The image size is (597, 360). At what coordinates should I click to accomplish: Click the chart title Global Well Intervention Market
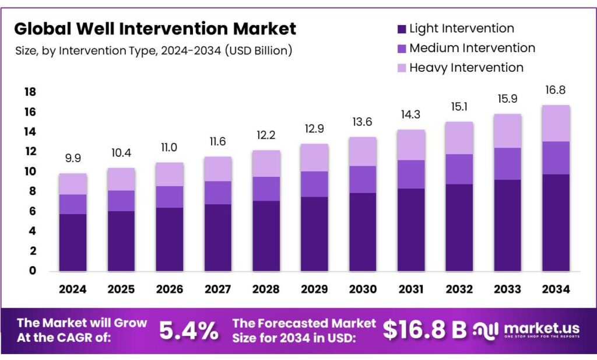(155, 29)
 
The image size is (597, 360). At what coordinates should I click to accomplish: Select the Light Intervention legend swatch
(401, 29)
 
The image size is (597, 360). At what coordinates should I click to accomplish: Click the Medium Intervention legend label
(472, 48)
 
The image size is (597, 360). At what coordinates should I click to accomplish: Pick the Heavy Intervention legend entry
(466, 68)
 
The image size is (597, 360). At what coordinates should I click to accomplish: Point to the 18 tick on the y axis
(30, 92)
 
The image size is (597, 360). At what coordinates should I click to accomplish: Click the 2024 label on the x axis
(73, 289)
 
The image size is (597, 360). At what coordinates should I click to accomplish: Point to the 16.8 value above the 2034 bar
(555, 90)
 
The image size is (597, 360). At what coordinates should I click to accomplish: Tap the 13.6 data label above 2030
(362, 123)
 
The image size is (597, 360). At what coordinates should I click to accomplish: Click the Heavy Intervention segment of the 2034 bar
(555, 123)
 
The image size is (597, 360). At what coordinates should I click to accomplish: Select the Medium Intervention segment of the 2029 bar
(314, 184)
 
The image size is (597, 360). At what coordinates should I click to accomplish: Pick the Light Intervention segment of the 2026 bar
(170, 239)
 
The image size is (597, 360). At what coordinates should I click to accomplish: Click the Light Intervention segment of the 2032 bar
(459, 228)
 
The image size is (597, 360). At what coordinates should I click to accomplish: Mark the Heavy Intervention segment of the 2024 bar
(73, 184)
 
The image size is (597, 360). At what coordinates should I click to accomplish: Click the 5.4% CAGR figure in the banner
(189, 331)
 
